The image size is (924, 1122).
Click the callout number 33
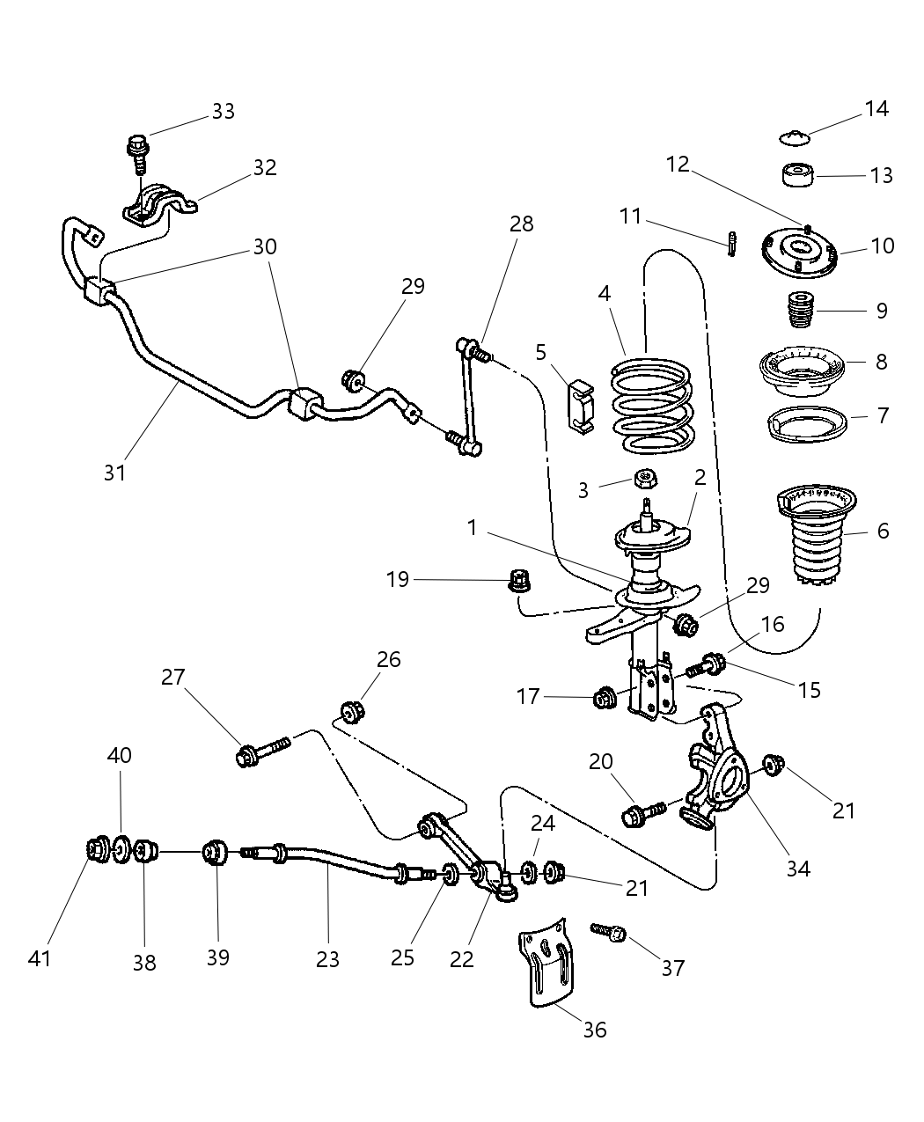click(223, 111)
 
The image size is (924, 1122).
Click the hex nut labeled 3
click(645, 480)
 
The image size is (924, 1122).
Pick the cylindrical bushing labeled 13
click(798, 175)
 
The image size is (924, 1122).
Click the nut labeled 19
click(521, 581)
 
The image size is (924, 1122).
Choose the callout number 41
click(40, 957)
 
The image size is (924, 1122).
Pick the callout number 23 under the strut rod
click(327, 958)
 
